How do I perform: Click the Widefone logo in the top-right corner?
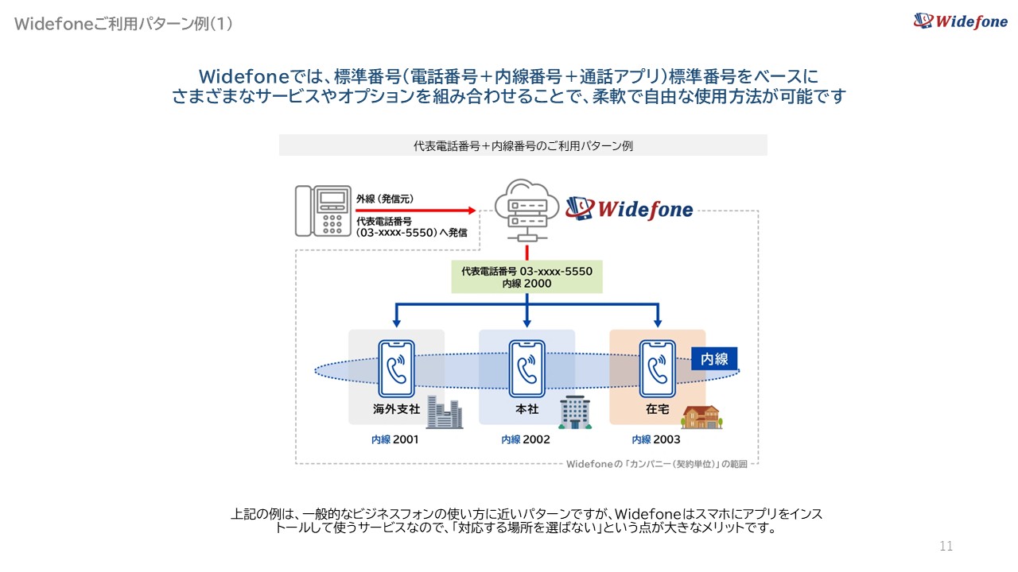coord(960,21)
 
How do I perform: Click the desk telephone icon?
coord(323,211)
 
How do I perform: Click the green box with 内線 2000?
coord(526,276)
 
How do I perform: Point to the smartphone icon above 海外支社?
coord(396,368)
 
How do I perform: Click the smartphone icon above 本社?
coord(526,368)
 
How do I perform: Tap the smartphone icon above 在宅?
coord(657,368)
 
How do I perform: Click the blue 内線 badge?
coord(714,358)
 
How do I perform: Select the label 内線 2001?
coord(394,439)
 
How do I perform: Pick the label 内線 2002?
coord(525,439)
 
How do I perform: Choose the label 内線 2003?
coord(656,439)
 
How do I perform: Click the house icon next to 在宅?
coord(700,416)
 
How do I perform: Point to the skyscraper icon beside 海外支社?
coord(445,412)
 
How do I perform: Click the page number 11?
coord(946,546)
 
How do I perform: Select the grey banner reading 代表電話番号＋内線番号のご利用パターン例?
coord(523,145)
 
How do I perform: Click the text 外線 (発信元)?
coord(385,198)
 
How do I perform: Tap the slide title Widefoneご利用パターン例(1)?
coord(123,24)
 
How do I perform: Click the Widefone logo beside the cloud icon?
coord(629,209)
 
